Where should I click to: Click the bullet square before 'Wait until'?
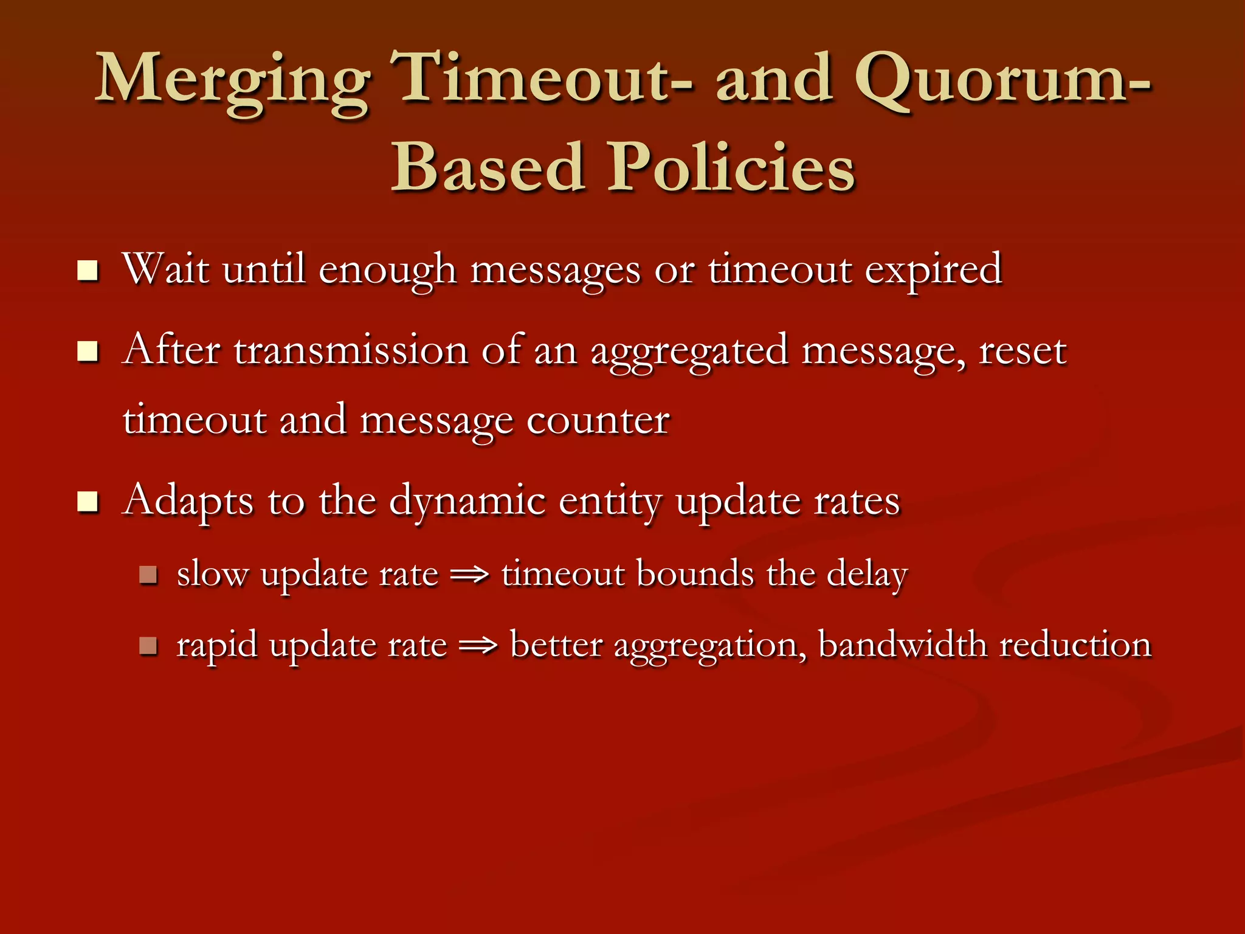[x=88, y=271]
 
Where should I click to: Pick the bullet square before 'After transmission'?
[x=88, y=351]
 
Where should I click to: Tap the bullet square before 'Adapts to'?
[x=88, y=502]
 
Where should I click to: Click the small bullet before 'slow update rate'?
[x=148, y=575]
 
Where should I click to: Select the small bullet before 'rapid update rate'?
[x=148, y=645]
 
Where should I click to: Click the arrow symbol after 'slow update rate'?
[x=470, y=575]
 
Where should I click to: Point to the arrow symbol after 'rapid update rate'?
[x=478, y=645]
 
